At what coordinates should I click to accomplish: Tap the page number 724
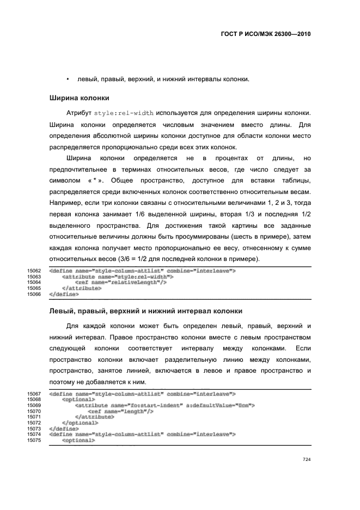pyautogui.click(x=306, y=460)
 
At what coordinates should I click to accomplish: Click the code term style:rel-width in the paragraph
pyautogui.click(x=124, y=113)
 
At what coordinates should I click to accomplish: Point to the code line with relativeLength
pyautogui.click(x=120, y=282)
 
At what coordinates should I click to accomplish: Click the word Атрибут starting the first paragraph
pyautogui.click(x=78, y=113)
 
